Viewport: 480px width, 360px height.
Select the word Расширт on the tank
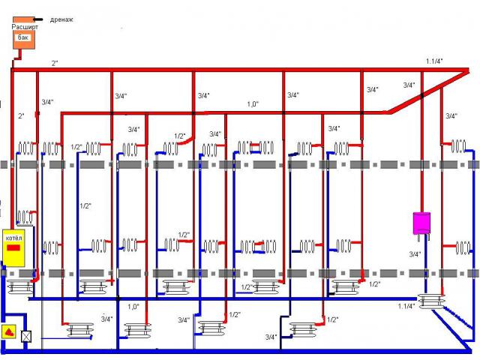click(24, 27)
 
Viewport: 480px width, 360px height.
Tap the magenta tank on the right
click(421, 223)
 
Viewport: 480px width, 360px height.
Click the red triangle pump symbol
click(9, 331)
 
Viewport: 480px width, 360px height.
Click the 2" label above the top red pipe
click(55, 62)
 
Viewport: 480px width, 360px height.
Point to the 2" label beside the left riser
click(20, 115)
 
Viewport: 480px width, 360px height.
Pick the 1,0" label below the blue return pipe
click(133, 306)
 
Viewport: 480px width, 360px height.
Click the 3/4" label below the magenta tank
click(415, 255)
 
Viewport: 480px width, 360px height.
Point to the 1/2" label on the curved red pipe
click(180, 136)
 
